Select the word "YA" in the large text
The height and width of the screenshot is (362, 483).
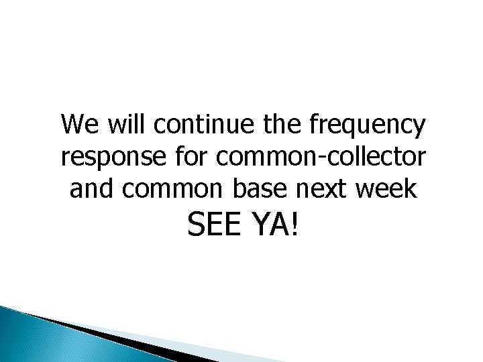(x=270, y=230)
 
